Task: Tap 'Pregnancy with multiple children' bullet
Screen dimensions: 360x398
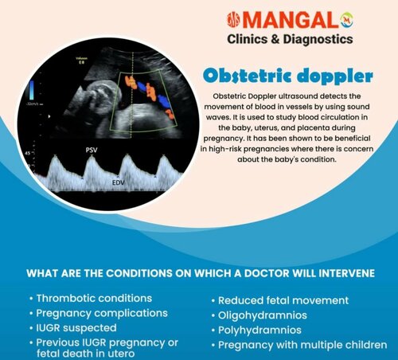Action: coord(302,345)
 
